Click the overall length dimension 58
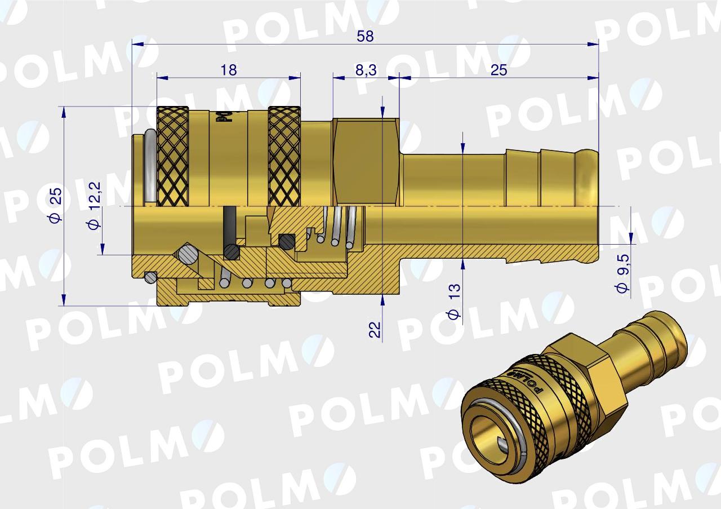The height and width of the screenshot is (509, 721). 365,36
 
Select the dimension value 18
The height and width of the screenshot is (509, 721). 228,70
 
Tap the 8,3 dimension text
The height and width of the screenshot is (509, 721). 366,70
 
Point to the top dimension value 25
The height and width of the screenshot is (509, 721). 499,70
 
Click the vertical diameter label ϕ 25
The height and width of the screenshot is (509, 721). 55,206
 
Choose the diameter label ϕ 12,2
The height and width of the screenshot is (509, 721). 94,206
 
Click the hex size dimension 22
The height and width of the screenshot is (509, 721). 375,329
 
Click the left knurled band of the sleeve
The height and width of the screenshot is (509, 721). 172,156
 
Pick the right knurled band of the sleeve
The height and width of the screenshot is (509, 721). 284,156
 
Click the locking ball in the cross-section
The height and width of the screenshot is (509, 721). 187,254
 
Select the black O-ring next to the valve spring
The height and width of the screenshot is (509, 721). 287,242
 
